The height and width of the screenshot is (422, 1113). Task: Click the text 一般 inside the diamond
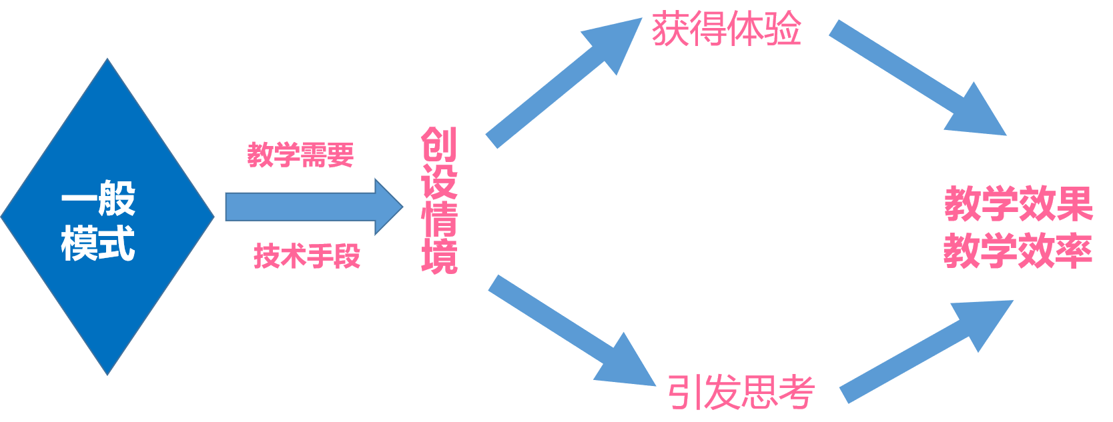point(98,198)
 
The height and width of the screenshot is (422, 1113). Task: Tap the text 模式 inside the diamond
point(98,243)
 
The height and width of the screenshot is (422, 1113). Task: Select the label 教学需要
point(300,155)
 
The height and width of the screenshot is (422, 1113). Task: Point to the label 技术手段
point(307,256)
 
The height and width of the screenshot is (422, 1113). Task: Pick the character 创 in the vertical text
point(439,145)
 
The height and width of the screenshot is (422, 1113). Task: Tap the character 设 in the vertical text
point(439,181)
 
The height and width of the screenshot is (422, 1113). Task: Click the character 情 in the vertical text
point(439,219)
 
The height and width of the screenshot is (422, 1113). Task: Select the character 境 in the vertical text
point(439,257)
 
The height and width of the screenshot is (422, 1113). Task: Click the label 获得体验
point(726,29)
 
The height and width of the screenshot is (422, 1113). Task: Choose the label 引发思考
point(741,392)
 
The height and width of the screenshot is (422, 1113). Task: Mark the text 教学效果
point(1018,204)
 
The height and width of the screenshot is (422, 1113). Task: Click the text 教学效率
point(1018,251)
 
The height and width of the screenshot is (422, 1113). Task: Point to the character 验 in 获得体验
point(782,29)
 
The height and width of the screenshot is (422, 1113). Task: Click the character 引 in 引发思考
point(685,392)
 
